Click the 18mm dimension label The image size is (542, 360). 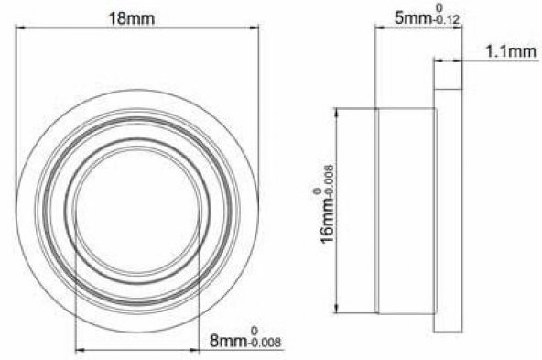[132, 18]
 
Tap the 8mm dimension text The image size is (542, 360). [229, 342]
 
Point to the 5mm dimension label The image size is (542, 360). [413, 17]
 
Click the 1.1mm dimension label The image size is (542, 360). [511, 52]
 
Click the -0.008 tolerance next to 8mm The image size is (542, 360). [265, 343]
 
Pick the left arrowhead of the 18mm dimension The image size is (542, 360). [21, 27]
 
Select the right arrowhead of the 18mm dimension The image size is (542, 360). [254, 27]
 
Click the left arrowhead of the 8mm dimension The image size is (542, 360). [81, 350]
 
